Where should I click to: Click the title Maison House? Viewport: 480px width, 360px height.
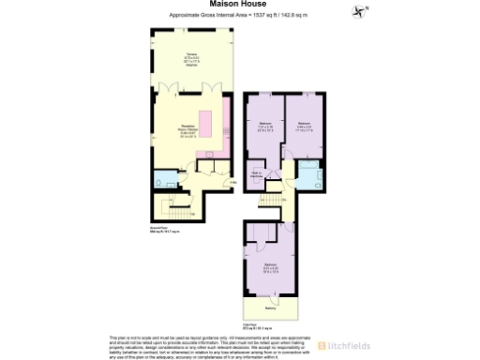240,4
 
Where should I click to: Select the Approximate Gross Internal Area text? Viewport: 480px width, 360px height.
240,15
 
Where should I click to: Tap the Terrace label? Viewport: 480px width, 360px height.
190,58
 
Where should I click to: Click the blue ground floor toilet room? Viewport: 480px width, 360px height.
165,179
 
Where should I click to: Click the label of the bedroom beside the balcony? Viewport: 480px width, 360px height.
270,269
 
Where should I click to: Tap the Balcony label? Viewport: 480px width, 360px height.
270,308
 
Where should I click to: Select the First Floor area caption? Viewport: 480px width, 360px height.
257,325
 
